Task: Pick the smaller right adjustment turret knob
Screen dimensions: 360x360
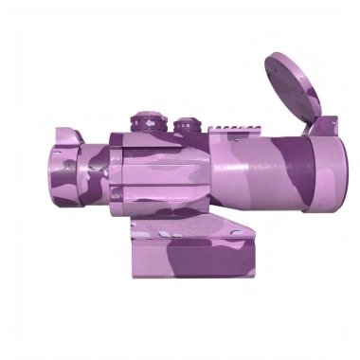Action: click(184, 126)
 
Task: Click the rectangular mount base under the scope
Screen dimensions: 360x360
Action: click(194, 256)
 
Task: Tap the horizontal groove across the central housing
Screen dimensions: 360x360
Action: click(161, 179)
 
